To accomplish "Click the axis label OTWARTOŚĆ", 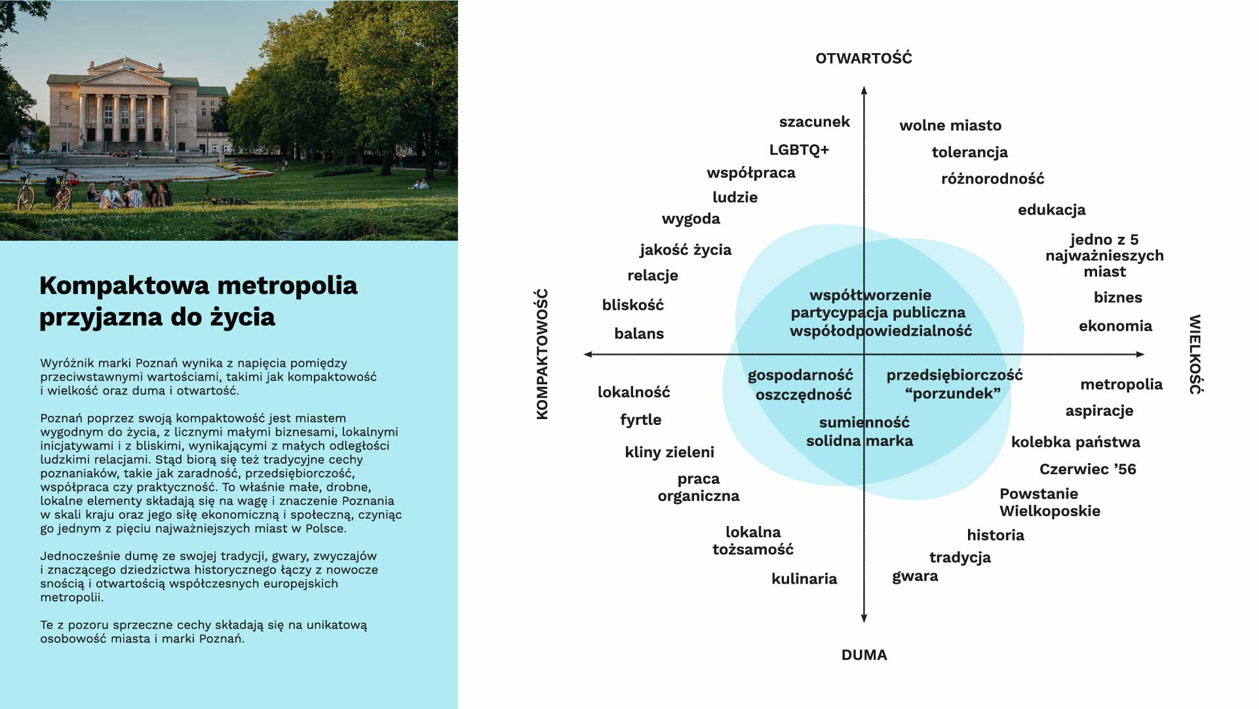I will pos(863,58).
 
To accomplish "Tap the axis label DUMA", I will pos(864,655).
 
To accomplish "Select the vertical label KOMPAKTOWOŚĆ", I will pos(542,354).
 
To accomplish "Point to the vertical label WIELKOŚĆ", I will pos(1195,354).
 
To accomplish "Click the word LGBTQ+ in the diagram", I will pos(799,150).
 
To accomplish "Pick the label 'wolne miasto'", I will pos(950,125).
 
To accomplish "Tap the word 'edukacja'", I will pos(1051,210).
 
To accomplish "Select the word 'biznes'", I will pos(1117,298).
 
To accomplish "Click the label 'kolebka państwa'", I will pos(1075,442).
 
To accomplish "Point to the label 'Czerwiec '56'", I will pos(1087,470).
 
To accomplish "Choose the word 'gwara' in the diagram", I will pos(915,577).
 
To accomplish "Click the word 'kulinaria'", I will pos(804,579).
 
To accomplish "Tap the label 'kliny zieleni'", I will pos(669,453).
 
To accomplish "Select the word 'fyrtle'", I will pos(640,420).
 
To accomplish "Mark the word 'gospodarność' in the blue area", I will pos(800,375).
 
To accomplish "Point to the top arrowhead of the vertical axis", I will pos(864,90).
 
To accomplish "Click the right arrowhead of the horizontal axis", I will pos(1140,354).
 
